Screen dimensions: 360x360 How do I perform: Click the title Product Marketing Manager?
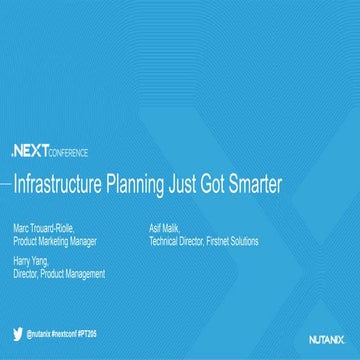point(55,226)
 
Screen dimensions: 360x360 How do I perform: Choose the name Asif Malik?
point(166,214)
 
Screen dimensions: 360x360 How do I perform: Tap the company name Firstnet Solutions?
point(235,226)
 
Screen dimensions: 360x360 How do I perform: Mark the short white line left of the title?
point(6,185)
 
